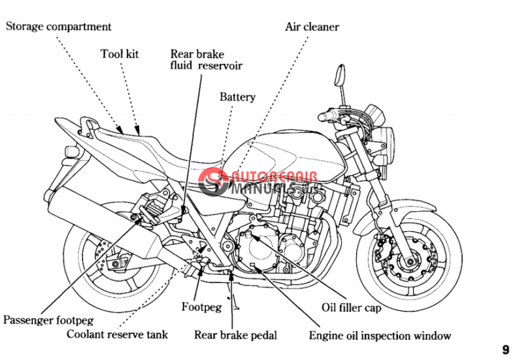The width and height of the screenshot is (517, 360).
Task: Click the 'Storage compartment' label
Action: coord(59,27)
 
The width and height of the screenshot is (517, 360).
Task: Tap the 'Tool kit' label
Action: coord(120,54)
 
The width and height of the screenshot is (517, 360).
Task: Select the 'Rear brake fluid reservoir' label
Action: coord(206,60)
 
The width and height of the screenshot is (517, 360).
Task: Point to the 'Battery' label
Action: coord(237,97)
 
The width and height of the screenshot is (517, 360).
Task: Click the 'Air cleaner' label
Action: coord(312,27)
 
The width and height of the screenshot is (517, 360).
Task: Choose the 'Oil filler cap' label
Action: coord(351,306)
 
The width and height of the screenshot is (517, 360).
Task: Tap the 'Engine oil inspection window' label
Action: coord(380,336)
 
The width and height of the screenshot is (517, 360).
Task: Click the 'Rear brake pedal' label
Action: coord(235,335)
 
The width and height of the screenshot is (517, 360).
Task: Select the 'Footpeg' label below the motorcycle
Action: coord(201,306)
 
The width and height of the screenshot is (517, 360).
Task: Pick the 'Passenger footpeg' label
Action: coord(48,320)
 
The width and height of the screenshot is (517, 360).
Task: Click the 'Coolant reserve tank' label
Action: coord(118,335)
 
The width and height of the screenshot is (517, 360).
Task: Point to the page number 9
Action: coord(506,350)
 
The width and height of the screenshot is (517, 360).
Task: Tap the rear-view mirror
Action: coord(340,74)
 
